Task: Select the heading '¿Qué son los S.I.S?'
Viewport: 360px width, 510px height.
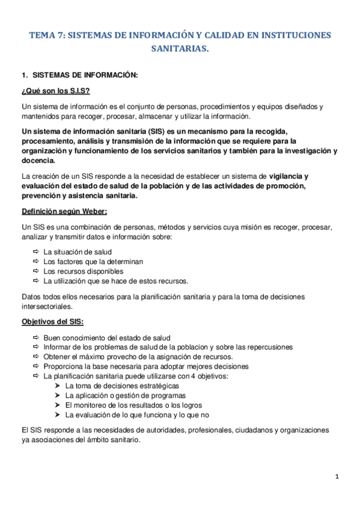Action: click(x=55, y=91)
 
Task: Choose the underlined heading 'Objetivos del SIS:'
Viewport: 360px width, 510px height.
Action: click(x=52, y=321)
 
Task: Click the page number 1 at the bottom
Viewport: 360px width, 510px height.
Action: click(x=337, y=477)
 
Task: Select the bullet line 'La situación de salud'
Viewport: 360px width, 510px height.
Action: click(x=78, y=251)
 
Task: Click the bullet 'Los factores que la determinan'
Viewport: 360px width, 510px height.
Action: click(x=93, y=262)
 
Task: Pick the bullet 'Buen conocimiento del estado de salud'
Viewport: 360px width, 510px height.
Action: click(x=107, y=337)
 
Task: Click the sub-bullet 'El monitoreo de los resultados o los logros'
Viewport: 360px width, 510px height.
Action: click(x=136, y=405)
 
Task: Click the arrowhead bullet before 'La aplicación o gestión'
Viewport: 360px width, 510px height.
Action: click(x=57, y=395)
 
